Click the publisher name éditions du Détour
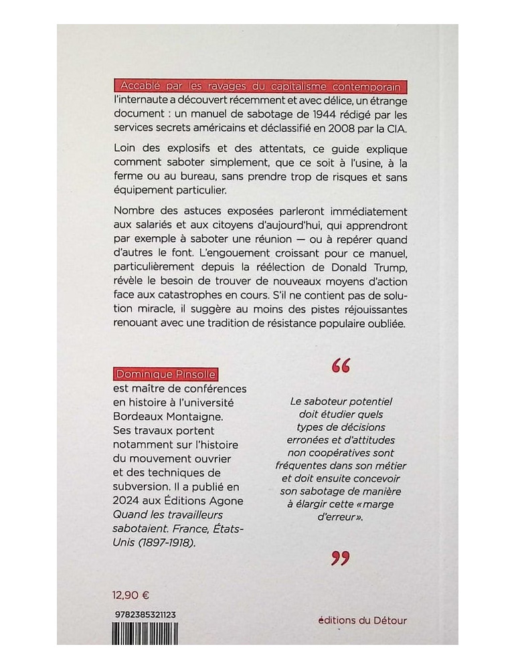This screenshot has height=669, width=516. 363,620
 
